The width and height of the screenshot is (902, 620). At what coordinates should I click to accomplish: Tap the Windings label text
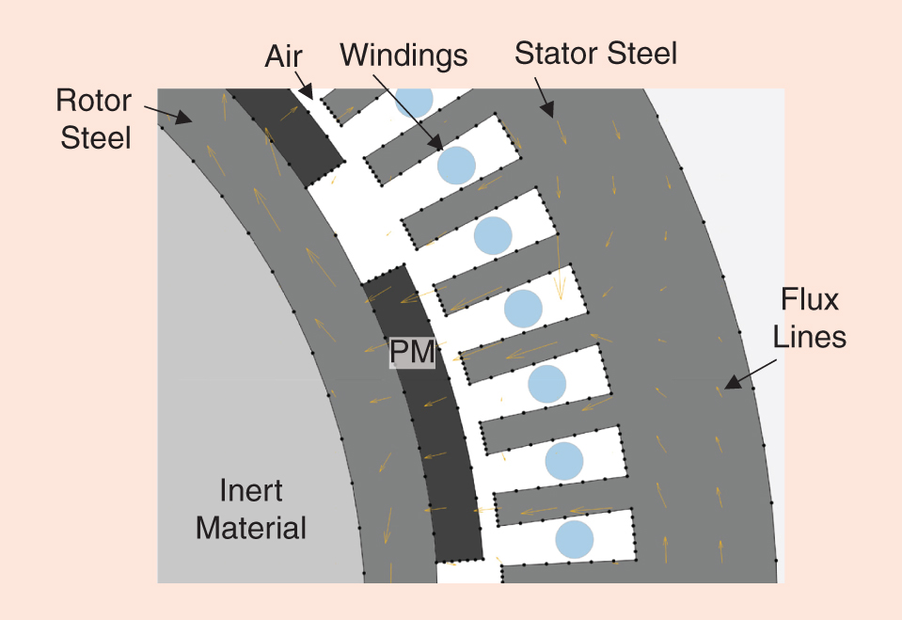coord(404,56)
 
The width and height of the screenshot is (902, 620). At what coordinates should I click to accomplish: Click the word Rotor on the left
coord(93,99)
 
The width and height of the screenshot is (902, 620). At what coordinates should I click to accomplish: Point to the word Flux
coord(810,300)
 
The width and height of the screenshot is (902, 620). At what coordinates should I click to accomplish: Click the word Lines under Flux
coord(810,336)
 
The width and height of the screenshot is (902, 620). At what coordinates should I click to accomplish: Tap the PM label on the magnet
coord(412,354)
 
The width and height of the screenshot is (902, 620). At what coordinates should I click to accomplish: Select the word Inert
coord(250,491)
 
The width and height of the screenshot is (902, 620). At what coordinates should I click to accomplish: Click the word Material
coord(251,528)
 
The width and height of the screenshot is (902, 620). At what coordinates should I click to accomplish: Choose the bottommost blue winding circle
coord(574,539)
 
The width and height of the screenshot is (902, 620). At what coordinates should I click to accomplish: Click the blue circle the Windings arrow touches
coord(456,165)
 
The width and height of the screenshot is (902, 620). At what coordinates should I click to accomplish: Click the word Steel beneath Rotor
coord(96,137)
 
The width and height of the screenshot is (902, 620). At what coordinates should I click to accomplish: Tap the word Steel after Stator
coord(640,54)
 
